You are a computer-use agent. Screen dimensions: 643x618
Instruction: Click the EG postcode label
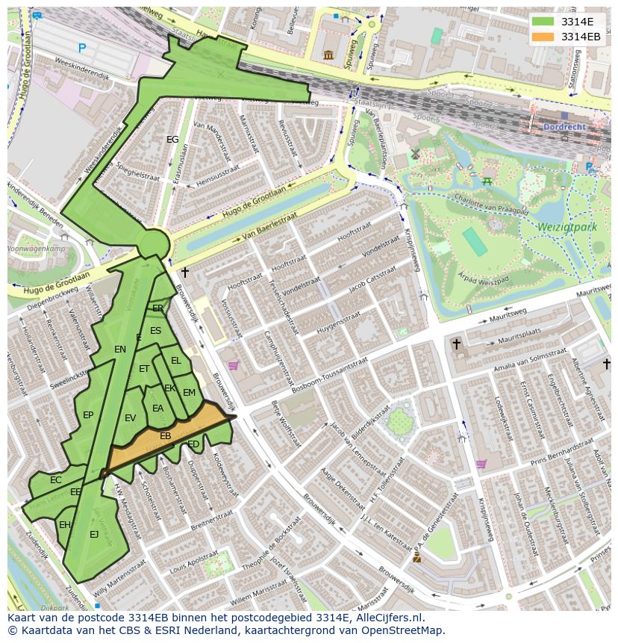click(x=172, y=140)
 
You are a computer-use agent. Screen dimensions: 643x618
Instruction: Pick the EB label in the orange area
click(x=166, y=435)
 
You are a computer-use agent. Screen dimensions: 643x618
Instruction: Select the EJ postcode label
click(x=94, y=534)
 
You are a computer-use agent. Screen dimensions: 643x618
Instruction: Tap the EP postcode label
click(x=88, y=415)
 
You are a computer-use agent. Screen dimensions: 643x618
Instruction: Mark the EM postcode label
click(x=189, y=393)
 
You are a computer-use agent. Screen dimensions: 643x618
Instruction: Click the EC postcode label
click(x=56, y=480)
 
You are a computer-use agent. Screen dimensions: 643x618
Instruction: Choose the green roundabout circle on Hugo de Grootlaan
click(x=154, y=243)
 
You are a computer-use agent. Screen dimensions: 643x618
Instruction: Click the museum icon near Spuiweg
click(x=328, y=55)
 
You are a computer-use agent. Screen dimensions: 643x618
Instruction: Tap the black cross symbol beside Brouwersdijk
click(x=184, y=273)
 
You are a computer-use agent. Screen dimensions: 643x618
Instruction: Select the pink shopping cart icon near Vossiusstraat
click(x=233, y=366)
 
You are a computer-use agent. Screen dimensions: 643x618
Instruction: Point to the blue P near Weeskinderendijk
click(x=82, y=49)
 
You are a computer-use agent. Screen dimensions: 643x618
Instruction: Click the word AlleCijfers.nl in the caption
click(x=387, y=618)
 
